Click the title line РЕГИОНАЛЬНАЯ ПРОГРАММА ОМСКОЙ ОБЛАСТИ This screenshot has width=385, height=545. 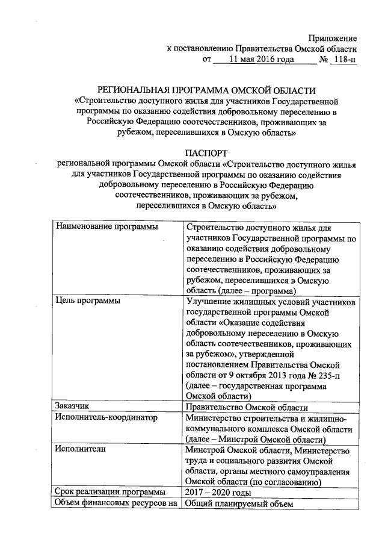(207, 90)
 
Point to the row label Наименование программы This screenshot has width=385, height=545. (106, 227)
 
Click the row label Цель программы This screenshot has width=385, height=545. (86, 300)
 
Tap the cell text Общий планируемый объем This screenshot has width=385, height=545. (239, 504)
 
